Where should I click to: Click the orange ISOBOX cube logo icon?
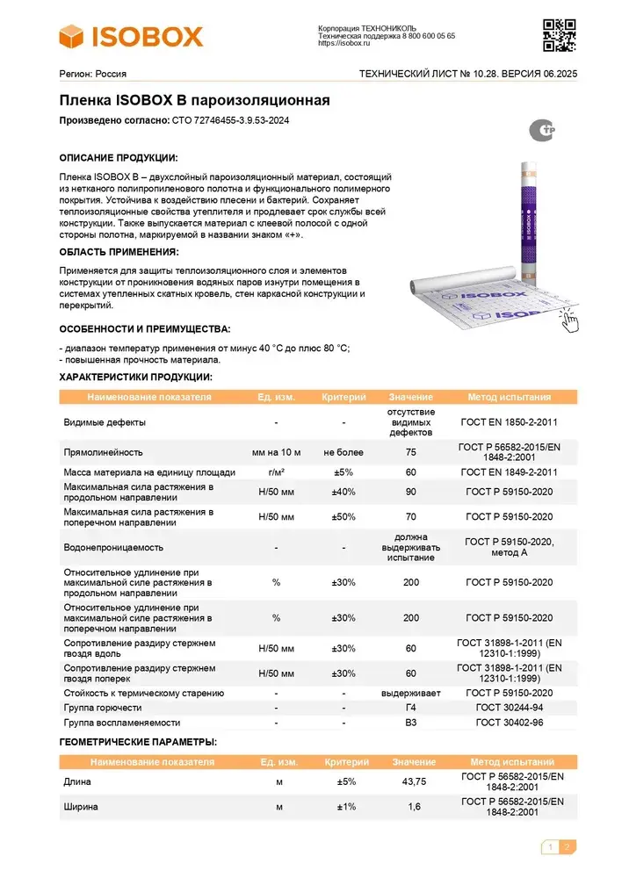point(76,36)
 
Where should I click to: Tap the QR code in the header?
point(560,35)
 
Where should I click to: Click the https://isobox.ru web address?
point(344,43)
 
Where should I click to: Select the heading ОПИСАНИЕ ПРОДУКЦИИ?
point(118,158)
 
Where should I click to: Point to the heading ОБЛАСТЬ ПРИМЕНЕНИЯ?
point(118,252)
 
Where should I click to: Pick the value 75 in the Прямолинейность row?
point(411,452)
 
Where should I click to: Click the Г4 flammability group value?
point(411,708)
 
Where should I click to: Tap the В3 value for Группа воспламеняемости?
point(411,723)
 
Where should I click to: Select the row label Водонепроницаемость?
point(113,547)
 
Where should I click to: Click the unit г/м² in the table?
point(276,471)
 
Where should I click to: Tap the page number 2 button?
point(567,847)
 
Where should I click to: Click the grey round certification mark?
point(542,131)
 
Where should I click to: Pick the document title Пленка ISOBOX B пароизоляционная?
point(194,101)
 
